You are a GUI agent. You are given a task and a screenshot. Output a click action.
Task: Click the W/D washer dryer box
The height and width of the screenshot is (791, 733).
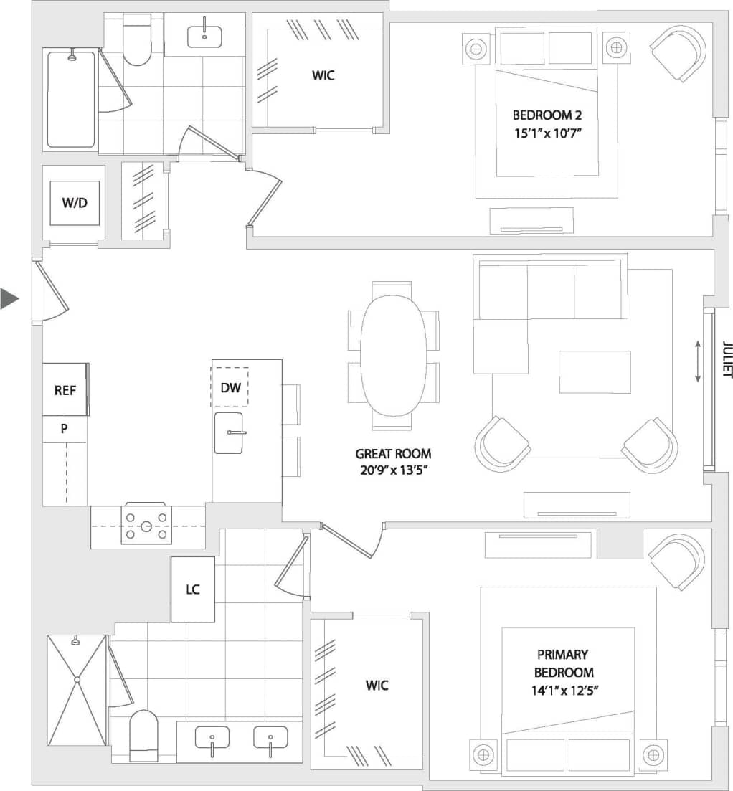pos(74,203)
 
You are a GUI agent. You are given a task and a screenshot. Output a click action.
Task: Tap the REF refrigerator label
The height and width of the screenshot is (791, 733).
pos(65,390)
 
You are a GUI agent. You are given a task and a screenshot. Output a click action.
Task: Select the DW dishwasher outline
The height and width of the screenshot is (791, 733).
pos(230,387)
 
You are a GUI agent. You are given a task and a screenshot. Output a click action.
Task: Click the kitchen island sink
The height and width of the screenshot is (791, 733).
pos(230,432)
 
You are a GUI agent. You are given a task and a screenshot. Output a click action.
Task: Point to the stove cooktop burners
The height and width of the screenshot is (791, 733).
pos(146,526)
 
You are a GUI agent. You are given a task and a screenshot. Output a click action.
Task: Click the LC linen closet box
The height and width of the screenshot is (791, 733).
pos(192,589)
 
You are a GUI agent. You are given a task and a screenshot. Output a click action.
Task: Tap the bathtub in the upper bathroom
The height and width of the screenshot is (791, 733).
pos(71,99)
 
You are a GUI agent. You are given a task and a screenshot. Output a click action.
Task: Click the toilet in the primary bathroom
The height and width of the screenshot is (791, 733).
pos(144,734)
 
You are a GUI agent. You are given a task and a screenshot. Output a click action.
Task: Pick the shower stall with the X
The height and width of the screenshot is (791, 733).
pos(76,690)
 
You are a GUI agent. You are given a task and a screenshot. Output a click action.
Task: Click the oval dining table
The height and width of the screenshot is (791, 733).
pos(391,356)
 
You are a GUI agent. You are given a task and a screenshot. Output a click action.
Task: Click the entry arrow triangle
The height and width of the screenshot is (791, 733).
pos(9,298)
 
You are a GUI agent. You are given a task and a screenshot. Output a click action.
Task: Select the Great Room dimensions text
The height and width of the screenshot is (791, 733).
pos(393,470)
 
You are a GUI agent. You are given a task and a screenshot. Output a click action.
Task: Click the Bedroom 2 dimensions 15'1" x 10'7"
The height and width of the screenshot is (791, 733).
pos(547,133)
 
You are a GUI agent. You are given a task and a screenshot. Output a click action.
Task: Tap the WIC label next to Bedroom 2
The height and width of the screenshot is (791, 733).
pos(323,75)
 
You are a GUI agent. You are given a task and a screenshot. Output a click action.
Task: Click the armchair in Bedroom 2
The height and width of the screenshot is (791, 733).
pos(678,52)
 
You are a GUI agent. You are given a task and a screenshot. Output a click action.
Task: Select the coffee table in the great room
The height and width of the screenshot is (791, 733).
pos(595,371)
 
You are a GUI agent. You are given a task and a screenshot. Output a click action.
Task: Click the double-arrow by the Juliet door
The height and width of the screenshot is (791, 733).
pos(697,362)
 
